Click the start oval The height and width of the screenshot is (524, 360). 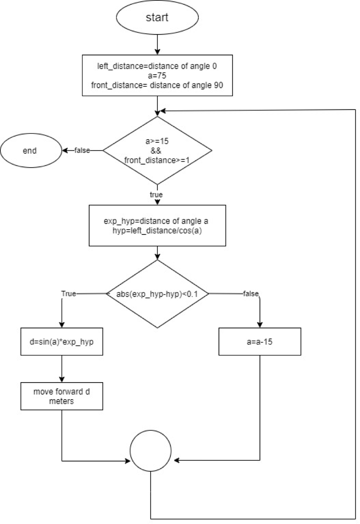point(157,18)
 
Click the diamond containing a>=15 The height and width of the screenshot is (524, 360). point(157,150)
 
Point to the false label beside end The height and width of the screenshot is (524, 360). point(82,151)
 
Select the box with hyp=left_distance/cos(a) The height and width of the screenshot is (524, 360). point(157,226)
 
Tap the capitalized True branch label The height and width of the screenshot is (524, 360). point(69,294)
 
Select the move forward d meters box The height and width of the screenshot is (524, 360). point(62,396)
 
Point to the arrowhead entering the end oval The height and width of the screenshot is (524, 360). point(65,151)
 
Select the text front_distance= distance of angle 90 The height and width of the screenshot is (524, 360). point(157,85)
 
